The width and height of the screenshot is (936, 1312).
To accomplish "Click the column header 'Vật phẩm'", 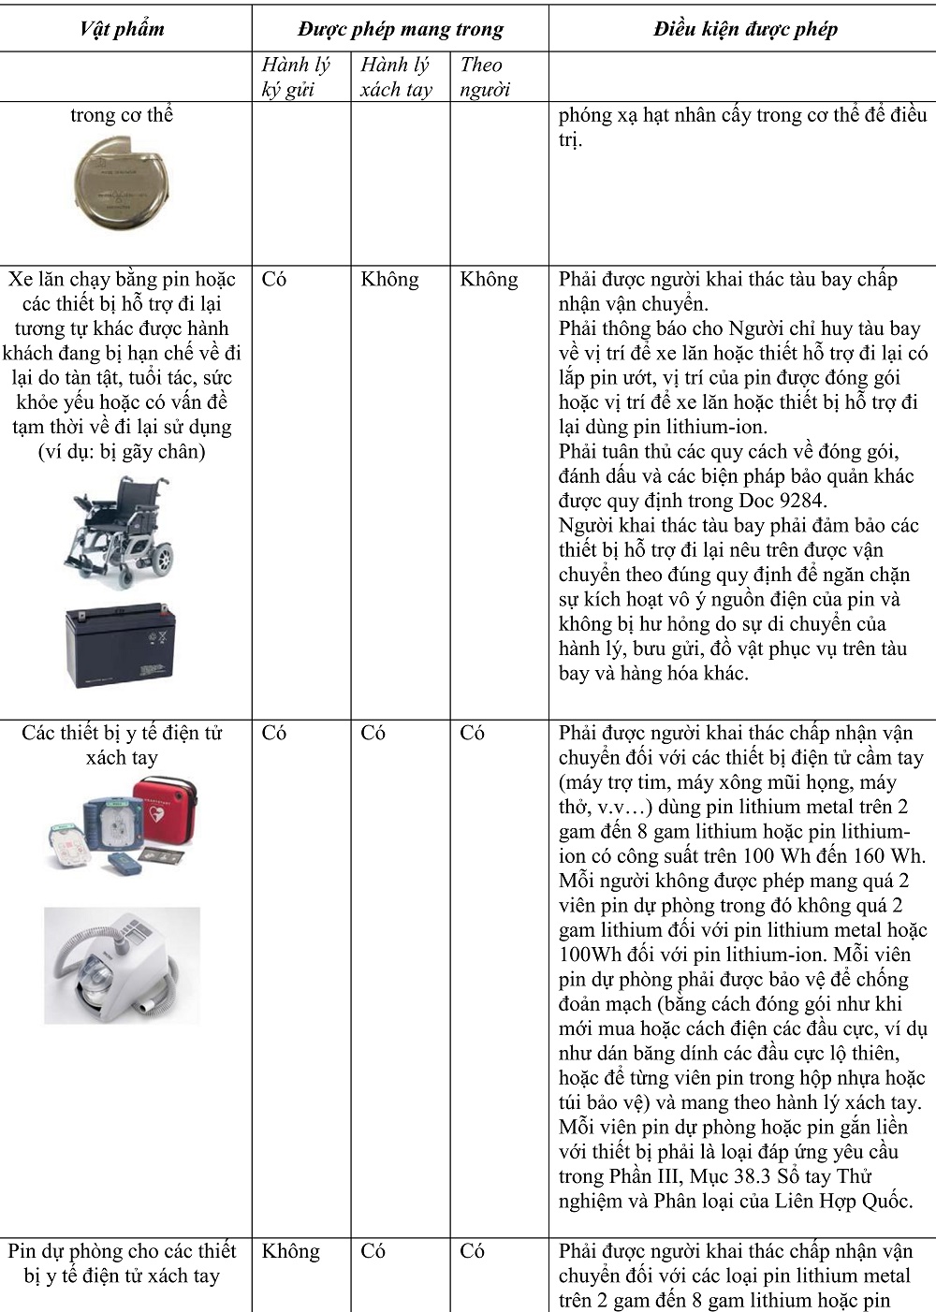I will [122, 29].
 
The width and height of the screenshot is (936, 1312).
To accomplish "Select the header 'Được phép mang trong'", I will [401, 29].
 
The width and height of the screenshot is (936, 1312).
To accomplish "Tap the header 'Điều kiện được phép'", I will [745, 29].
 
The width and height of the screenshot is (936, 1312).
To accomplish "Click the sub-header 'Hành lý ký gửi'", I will [296, 77].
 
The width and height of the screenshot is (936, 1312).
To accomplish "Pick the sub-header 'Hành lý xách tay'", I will [396, 77].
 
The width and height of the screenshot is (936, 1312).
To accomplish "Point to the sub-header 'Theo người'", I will [485, 77].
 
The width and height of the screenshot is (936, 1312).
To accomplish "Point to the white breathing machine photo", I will [122, 964].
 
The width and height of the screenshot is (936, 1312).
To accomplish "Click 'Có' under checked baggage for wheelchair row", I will [274, 279].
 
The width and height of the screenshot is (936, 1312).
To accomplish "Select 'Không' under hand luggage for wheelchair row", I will [389, 279].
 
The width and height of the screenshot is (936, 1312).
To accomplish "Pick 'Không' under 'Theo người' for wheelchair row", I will [489, 279].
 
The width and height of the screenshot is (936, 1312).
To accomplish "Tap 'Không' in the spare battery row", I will [290, 1251].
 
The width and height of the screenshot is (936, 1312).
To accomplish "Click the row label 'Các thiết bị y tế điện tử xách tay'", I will [122, 745].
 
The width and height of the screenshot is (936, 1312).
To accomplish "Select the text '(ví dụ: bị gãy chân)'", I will [122, 451].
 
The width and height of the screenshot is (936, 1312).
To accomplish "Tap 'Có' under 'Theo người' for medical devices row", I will [472, 733].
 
